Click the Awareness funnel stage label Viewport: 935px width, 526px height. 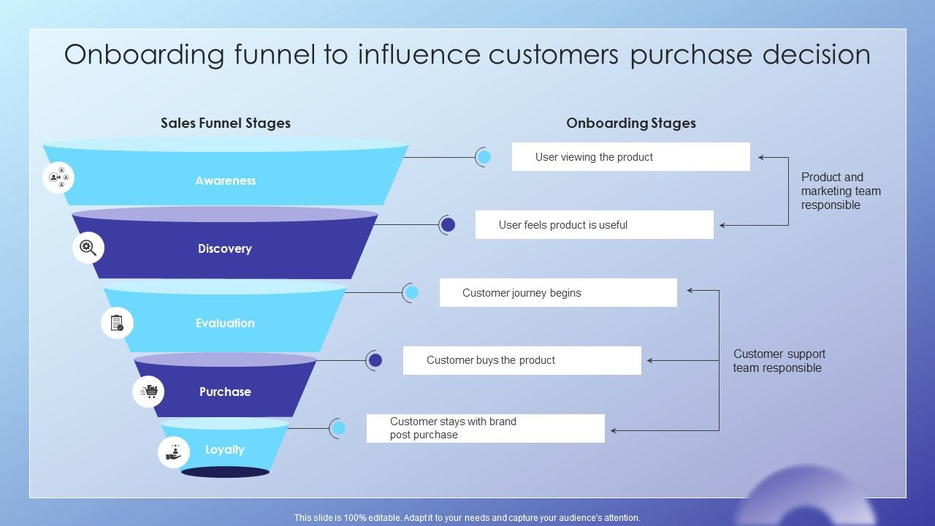pos(225,180)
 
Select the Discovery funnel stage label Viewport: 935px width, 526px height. pos(224,248)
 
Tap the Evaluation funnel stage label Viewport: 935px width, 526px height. pos(225,323)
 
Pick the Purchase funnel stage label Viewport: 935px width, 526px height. pos(225,392)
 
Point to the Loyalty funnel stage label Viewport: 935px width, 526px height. pos(224,449)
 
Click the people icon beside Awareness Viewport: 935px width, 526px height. pos(58,177)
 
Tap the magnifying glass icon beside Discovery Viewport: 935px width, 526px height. pos(88,248)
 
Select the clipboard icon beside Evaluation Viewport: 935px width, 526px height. pos(117,323)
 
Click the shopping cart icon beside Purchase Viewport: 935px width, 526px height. pos(148,392)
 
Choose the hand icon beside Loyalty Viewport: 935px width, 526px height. pos(174,452)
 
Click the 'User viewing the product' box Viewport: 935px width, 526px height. pos(630,157)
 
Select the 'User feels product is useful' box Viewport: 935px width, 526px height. pos(594,225)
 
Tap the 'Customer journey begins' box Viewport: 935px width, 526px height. pos(558,293)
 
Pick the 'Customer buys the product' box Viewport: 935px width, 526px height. pos(522,360)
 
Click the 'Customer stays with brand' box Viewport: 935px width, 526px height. pos(485,428)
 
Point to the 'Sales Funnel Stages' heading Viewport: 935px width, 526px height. pos(226,123)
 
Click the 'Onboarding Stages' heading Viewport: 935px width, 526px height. pos(630,123)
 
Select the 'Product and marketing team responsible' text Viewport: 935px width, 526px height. pos(841,191)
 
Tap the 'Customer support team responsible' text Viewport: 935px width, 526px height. pos(779,361)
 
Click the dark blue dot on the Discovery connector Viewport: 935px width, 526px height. pos(448,225)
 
